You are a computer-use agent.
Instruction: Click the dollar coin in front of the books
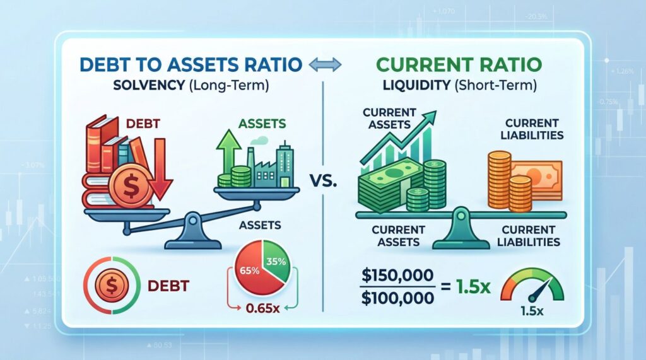pyautogui.click(x=130, y=187)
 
